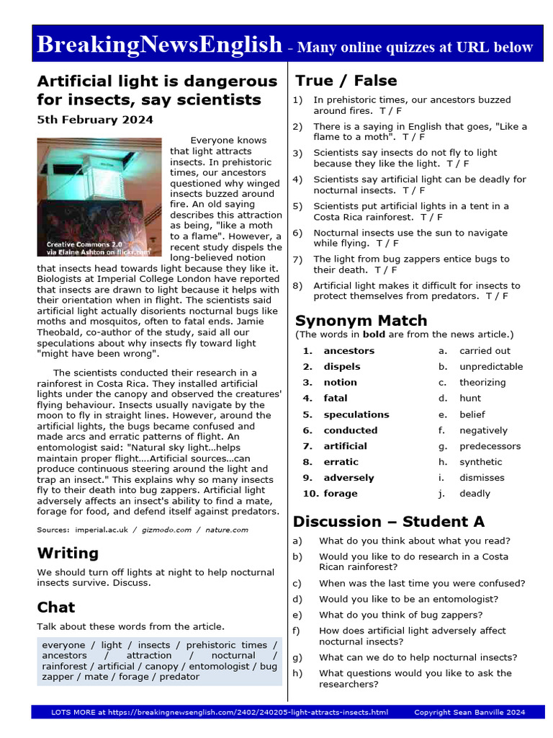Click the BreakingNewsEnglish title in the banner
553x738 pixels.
click(x=159, y=45)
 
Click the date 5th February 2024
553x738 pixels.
click(x=95, y=120)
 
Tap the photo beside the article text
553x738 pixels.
click(x=99, y=197)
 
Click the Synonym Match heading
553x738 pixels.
click(x=361, y=321)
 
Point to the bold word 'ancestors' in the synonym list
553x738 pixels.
click(x=349, y=351)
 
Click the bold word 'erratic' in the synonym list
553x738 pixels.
click(x=341, y=462)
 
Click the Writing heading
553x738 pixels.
click(x=68, y=553)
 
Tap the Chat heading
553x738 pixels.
click(x=56, y=607)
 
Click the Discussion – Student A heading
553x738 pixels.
click(x=389, y=521)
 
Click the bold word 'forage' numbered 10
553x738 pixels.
click(x=340, y=494)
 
